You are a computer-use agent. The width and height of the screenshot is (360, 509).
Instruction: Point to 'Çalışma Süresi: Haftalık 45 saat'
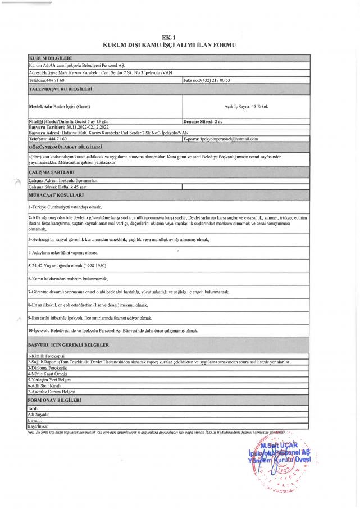tap(58, 186)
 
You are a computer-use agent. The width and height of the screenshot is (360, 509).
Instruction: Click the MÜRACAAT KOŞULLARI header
tap(56, 194)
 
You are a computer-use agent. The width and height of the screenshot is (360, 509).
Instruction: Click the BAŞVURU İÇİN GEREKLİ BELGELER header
tap(69, 344)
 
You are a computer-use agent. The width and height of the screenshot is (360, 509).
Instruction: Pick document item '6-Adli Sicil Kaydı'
tap(44, 387)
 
